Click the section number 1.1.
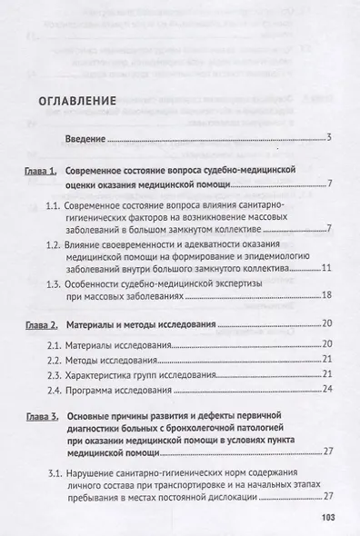point(80,207)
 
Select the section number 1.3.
point(80,283)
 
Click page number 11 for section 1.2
point(327,270)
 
